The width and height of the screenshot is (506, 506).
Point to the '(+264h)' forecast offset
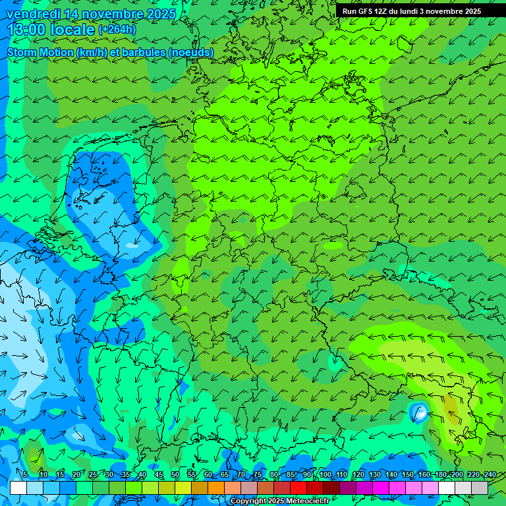119,30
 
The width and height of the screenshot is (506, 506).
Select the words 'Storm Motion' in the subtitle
40,52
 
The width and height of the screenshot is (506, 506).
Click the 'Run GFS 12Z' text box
412,11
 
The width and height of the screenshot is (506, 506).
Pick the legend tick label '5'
25,475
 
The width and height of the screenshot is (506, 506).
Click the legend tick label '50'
175,475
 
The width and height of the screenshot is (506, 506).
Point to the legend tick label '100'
324,475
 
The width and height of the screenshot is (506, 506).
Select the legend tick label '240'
490,475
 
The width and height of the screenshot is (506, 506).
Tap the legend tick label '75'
258,475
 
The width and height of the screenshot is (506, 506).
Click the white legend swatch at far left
18,488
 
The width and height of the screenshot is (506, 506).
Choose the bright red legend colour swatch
298,488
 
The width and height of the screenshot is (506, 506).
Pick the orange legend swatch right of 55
200,488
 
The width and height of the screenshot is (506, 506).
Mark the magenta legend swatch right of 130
381,488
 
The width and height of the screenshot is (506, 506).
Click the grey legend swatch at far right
480,488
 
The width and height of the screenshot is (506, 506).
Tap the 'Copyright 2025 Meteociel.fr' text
279,501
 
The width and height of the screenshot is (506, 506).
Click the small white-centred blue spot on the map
418,414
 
